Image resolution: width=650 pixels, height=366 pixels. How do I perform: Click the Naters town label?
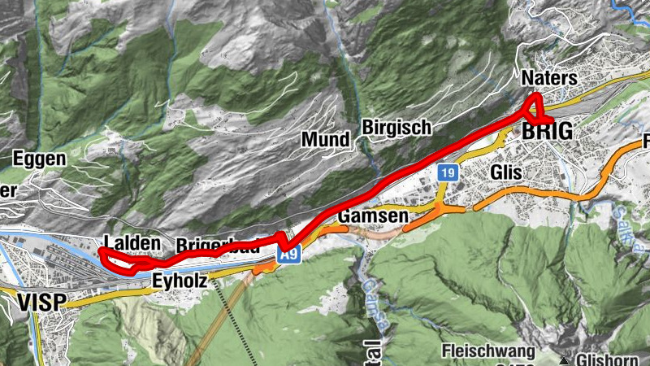coord(550,79)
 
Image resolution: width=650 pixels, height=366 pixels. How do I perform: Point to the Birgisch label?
coord(396,129)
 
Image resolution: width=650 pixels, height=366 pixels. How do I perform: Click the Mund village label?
coord(325,139)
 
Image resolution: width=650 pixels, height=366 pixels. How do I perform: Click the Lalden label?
coord(131,242)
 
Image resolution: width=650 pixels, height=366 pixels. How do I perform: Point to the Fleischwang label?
coord(489,351)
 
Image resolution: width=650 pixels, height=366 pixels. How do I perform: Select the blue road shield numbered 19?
coord(446,172)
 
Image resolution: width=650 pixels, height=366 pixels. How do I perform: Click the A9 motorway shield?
coord(289,255)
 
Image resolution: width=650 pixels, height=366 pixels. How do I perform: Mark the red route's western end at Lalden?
coord(102,252)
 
